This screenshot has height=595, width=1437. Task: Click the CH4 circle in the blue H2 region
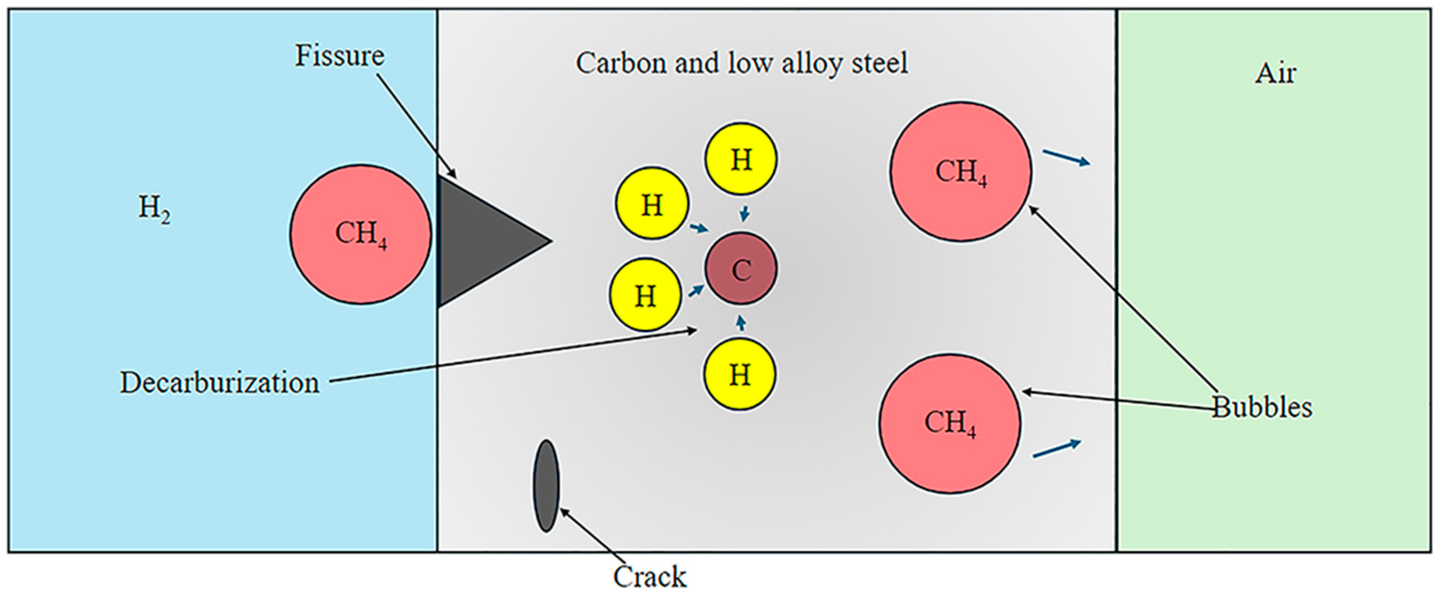360,234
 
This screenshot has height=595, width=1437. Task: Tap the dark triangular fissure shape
480,242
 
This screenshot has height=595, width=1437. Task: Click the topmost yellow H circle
740,159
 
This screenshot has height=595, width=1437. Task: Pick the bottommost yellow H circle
739,374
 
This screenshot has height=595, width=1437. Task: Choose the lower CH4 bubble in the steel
950,423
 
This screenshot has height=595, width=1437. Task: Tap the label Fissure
339,56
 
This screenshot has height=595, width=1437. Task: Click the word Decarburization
219,383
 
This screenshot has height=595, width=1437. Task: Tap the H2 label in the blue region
154,209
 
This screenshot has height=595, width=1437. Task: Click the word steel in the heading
879,63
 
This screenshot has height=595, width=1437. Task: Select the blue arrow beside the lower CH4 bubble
1057,448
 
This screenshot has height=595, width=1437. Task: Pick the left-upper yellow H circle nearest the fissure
652,204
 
